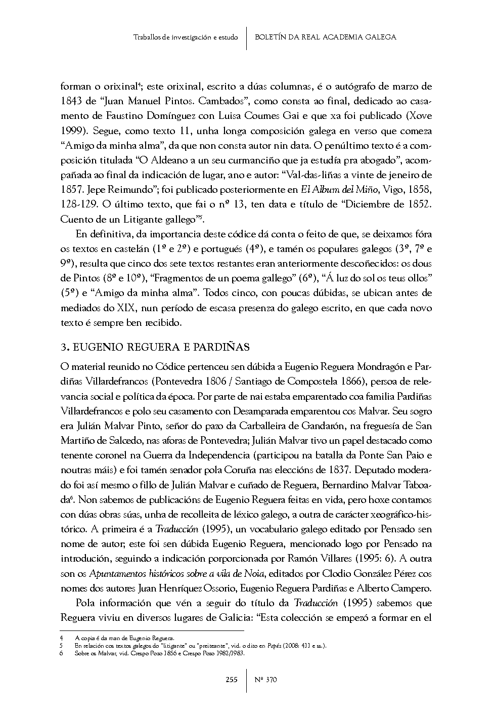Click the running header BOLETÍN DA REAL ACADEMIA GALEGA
[325, 37]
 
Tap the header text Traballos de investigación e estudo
[186, 37]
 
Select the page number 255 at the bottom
[231, 680]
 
